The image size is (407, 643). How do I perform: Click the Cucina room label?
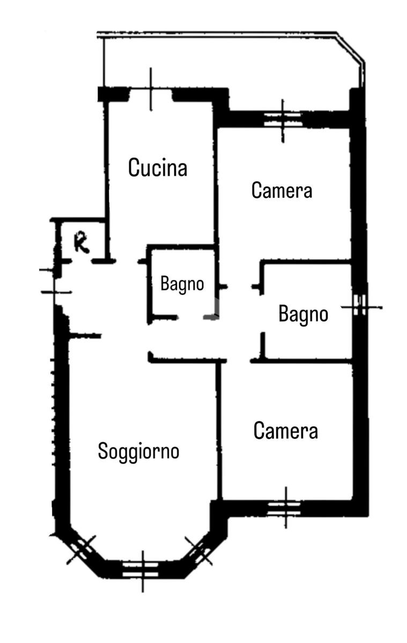click(x=158, y=168)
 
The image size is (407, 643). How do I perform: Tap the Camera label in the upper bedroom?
click(x=282, y=190)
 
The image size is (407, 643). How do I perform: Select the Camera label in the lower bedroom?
click(x=286, y=431)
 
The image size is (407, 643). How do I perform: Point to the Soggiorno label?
click(x=138, y=451)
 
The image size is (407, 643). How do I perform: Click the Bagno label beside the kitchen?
click(x=182, y=284)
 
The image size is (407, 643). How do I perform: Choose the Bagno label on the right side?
click(x=303, y=314)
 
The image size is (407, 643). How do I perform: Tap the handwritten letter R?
click(x=82, y=243)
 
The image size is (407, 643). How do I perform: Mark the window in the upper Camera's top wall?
click(x=283, y=119)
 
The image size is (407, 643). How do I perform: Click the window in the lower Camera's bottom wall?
click(x=285, y=506)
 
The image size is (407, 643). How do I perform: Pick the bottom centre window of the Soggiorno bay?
click(x=143, y=569)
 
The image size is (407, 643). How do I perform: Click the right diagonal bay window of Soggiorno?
click(x=199, y=550)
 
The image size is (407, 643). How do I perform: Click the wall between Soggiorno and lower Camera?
click(x=219, y=429)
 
